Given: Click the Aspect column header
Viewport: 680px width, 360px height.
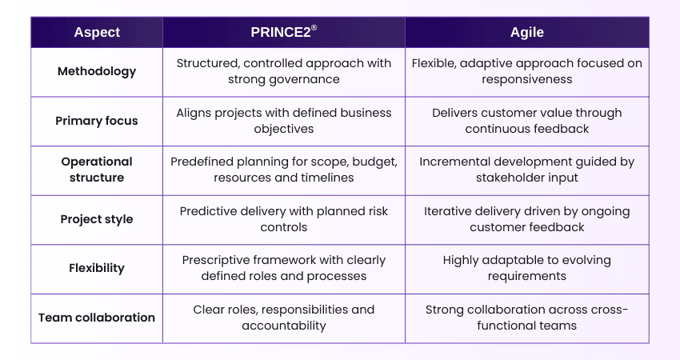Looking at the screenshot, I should (x=97, y=32).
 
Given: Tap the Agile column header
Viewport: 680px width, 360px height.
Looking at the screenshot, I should (x=526, y=32).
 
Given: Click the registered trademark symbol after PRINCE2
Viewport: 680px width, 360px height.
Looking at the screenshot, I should (x=314, y=28).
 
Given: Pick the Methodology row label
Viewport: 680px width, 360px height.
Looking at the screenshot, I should (x=97, y=71).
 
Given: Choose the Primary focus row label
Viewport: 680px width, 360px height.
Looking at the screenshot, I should (x=97, y=121).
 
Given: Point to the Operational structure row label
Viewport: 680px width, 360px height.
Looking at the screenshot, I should (x=97, y=170).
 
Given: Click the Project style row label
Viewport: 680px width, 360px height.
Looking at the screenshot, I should (x=97, y=219).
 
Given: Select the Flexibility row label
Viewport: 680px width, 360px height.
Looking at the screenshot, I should (x=97, y=268).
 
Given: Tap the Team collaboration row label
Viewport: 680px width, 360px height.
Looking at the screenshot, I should (x=97, y=318).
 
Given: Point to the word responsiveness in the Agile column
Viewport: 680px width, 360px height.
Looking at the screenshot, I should (x=526, y=79).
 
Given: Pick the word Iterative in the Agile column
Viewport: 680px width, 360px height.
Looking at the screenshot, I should (x=450, y=211).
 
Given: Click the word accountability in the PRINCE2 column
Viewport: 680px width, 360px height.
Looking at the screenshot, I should (x=284, y=326).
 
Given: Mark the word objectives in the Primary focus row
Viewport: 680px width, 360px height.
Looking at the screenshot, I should (x=284, y=129).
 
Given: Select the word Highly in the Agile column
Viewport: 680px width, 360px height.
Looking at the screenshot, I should (x=462, y=260).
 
